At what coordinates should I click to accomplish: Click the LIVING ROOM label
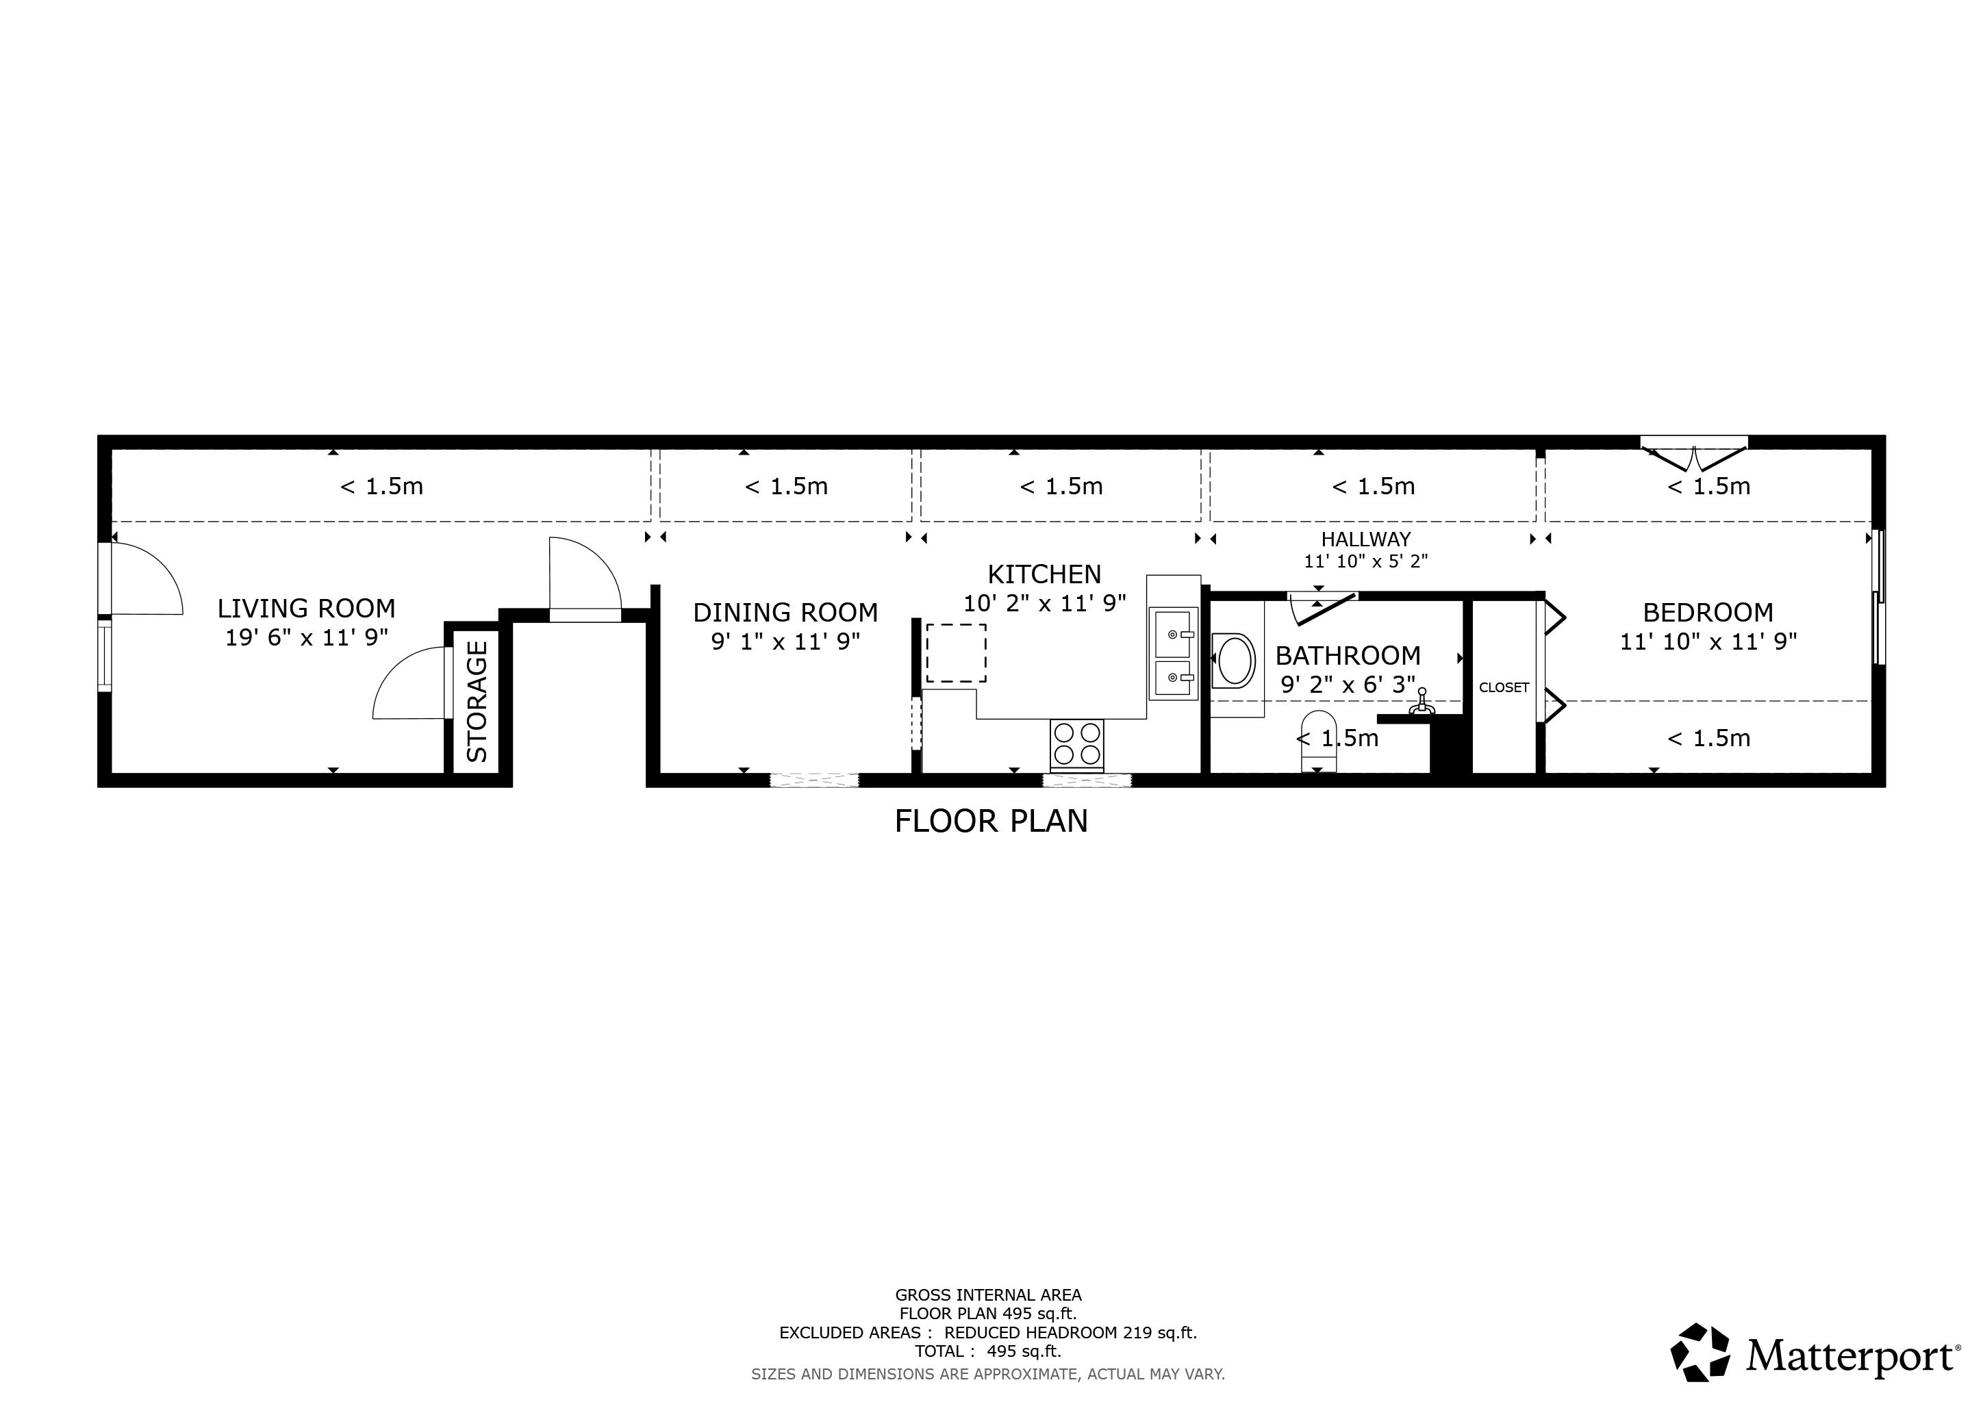pyautogui.click(x=306, y=609)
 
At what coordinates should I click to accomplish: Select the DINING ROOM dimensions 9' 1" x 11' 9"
pyautogui.click(x=785, y=641)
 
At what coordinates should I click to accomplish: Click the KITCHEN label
pyautogui.click(x=1044, y=574)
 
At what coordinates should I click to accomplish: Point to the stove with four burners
pyautogui.click(x=1077, y=744)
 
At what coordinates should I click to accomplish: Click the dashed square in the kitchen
pyautogui.click(x=956, y=654)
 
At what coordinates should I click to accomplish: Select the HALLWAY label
pyautogui.click(x=1365, y=539)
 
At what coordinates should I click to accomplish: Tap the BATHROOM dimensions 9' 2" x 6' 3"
pyautogui.click(x=1348, y=685)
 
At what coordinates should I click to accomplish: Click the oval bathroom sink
pyautogui.click(x=1235, y=661)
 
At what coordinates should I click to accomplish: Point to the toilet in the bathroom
pyautogui.click(x=1318, y=741)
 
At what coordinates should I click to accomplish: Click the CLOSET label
pyautogui.click(x=1504, y=687)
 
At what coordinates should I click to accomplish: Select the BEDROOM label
pyautogui.click(x=1708, y=613)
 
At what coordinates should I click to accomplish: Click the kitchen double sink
pyautogui.click(x=1174, y=654)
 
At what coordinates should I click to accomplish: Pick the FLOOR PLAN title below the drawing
pyautogui.click(x=991, y=821)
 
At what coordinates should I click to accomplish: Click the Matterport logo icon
pyautogui.click(x=1700, y=1352)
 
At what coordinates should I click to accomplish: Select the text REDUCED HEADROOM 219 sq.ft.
pyautogui.click(x=1070, y=1332)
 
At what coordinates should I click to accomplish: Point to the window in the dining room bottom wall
pyautogui.click(x=813, y=780)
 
